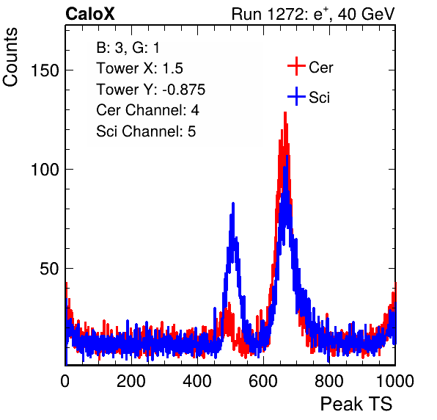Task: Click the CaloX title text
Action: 90,14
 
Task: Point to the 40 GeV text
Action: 367,14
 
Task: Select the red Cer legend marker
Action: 296,66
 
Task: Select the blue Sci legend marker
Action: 296,97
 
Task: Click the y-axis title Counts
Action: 10,57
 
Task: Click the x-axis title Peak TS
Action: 356,404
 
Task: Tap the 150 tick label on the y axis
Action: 45,70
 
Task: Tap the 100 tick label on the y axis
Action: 45,169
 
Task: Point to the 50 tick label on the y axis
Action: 49,269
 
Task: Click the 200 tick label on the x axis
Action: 131,381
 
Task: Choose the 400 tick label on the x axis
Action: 197,381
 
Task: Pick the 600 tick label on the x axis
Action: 263,381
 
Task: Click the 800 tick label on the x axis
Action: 329,381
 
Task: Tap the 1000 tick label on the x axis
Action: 395,381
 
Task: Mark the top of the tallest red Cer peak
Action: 285,112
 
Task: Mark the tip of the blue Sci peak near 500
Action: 233,203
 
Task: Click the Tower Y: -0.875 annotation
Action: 151,90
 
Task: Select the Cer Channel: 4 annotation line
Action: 147,110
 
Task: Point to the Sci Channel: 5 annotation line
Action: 146,131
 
